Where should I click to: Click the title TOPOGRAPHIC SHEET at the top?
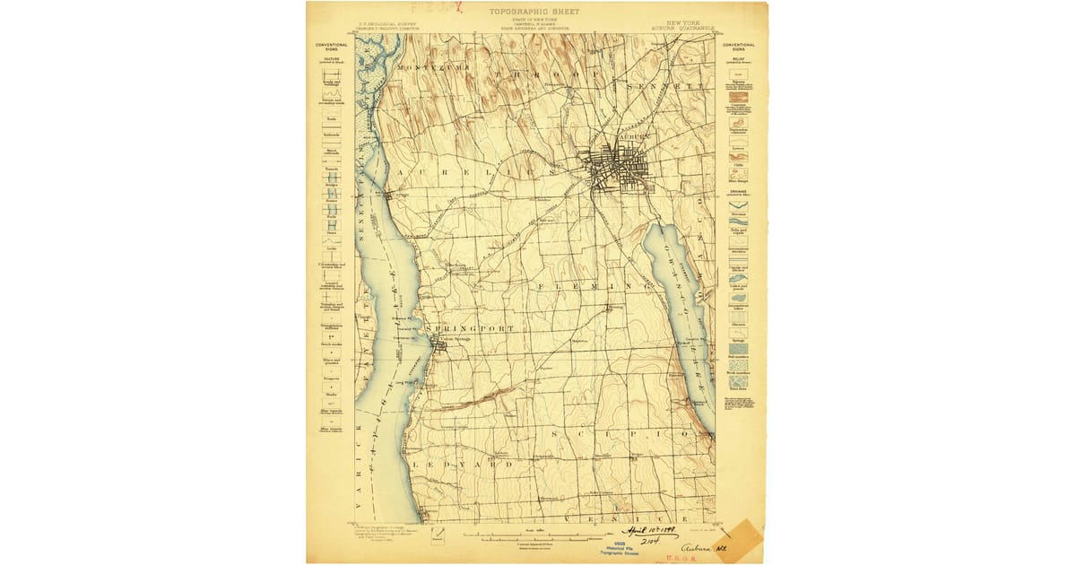coord(534,12)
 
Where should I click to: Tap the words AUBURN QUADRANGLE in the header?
coord(683,28)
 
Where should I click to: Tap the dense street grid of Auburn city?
coord(619,166)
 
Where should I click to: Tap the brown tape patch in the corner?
coord(741,542)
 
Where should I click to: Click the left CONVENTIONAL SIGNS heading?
coord(331,46)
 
